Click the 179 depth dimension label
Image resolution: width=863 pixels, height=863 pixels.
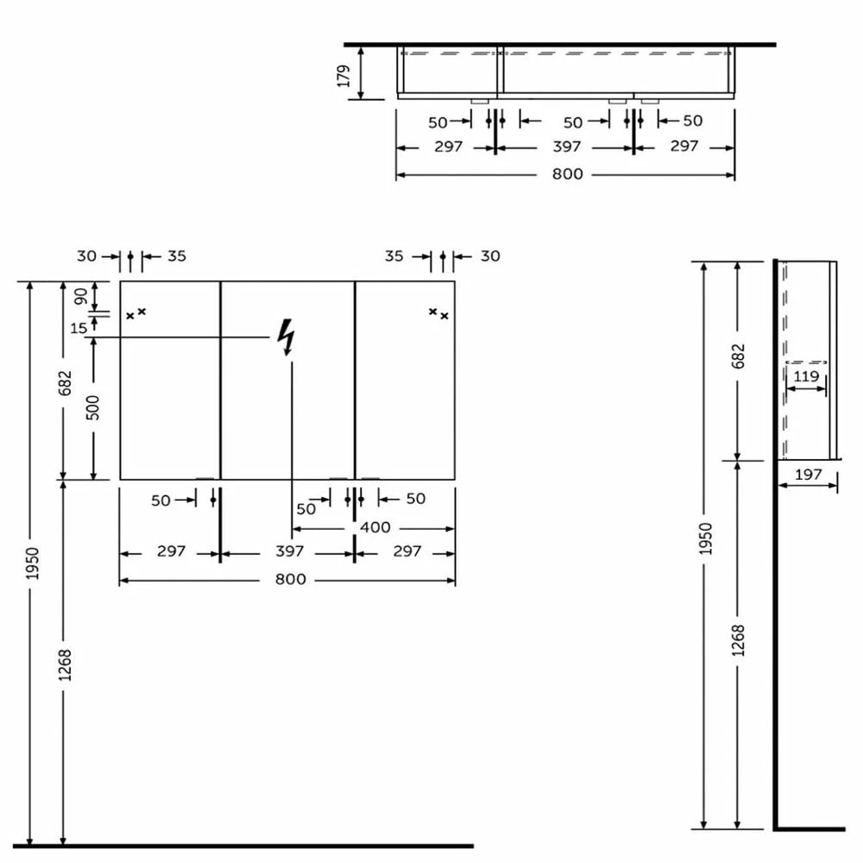point(344,76)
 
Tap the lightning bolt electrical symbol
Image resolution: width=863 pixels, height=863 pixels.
point(287,337)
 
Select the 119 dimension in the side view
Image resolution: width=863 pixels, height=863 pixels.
point(806,376)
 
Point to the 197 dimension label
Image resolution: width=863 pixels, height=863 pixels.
point(808,475)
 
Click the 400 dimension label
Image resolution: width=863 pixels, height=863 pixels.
point(375,527)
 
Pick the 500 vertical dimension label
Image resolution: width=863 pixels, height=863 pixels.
point(93,408)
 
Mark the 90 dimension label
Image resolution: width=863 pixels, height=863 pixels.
point(81,296)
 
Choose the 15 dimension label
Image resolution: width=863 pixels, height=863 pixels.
point(79,329)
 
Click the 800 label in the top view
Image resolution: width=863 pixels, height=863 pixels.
point(568,174)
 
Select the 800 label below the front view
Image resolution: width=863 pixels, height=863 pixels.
point(290,580)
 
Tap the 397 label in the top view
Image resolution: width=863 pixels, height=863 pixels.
point(566,147)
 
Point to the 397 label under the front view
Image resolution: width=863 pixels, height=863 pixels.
point(289,551)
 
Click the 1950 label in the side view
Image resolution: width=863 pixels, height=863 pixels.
point(705,539)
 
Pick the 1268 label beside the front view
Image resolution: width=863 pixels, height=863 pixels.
point(65,665)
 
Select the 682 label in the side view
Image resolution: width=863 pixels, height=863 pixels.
point(738,356)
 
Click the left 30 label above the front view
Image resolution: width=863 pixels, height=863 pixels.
point(86,256)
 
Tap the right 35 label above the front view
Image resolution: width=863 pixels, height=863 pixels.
point(394,256)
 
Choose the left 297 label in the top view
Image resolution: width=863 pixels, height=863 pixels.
point(448,147)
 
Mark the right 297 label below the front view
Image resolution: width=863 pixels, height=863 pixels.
point(406,551)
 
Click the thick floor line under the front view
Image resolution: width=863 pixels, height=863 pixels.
point(243,846)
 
